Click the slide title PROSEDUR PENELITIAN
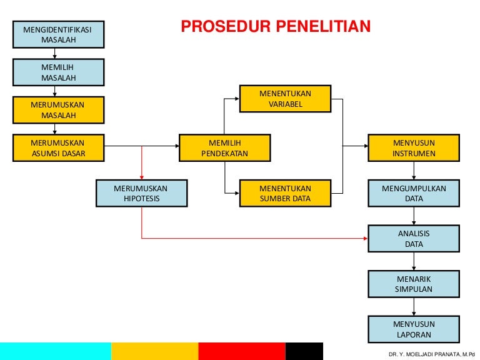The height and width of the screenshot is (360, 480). pyautogui.click(x=276, y=26)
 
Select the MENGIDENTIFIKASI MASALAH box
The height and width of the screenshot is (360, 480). pyautogui.click(x=58, y=35)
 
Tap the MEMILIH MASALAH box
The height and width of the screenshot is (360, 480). pyautogui.click(x=58, y=72)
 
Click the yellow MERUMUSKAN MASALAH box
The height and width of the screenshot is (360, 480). pyautogui.click(x=58, y=110)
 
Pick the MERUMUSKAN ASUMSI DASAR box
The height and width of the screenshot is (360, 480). pyautogui.click(x=58, y=148)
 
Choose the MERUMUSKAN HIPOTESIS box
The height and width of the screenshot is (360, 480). pyautogui.click(x=141, y=193)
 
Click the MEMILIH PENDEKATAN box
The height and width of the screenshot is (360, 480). pyautogui.click(x=224, y=148)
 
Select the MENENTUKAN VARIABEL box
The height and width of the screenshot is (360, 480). pyautogui.click(x=285, y=99)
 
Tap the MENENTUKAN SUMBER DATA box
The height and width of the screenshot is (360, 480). pyautogui.click(x=285, y=193)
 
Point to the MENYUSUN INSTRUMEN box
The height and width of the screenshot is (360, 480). pyautogui.click(x=414, y=148)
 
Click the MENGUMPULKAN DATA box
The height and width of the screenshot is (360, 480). pyautogui.click(x=414, y=193)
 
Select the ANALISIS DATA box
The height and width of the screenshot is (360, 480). pyautogui.click(x=414, y=239)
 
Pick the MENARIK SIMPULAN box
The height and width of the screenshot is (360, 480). pyautogui.click(x=414, y=284)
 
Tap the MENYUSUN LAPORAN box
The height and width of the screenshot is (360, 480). pyautogui.click(x=414, y=329)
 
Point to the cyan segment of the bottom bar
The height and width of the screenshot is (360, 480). pyautogui.click(x=56, y=351)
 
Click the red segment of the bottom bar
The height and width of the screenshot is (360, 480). pyautogui.click(x=242, y=351)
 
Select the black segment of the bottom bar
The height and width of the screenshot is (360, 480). pyautogui.click(x=304, y=351)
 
